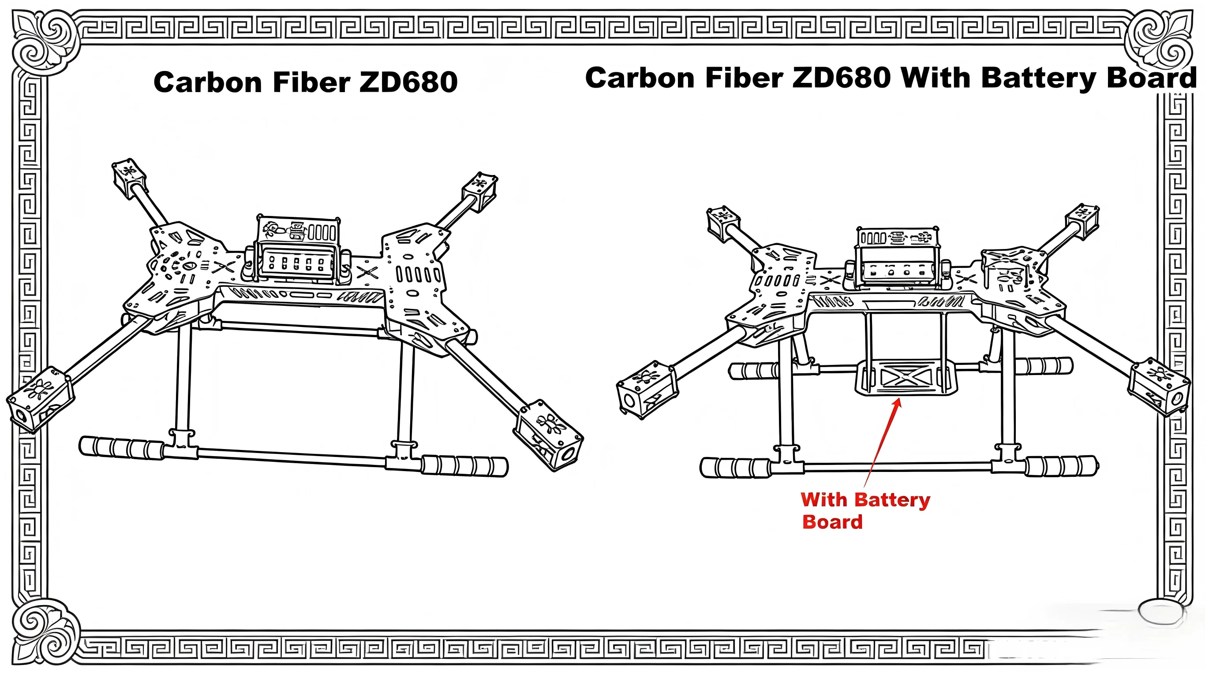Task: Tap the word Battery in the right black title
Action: [x=1038, y=78]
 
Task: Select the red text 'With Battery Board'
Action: [x=865, y=510]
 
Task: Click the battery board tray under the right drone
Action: [x=906, y=377]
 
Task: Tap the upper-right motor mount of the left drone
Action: [x=480, y=191]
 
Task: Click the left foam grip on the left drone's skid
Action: [x=122, y=448]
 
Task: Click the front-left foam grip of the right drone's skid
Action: [x=735, y=468]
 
